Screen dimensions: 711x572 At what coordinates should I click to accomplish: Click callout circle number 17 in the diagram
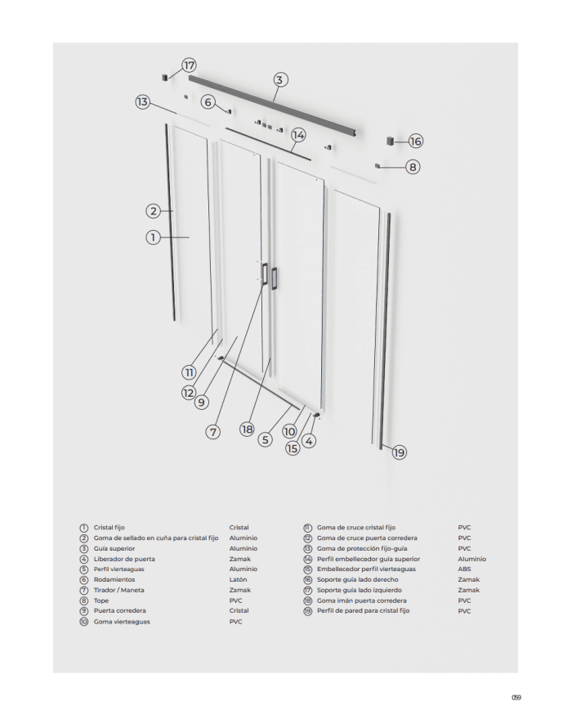tap(189, 65)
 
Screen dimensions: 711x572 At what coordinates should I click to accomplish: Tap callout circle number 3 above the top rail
tap(279, 79)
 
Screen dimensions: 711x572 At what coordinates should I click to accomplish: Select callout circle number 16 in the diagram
tap(415, 141)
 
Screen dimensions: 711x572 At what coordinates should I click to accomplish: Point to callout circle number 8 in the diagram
tap(413, 166)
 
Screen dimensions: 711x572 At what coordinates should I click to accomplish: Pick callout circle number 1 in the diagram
tap(152, 237)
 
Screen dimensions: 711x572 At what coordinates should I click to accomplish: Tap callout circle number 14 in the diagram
tap(298, 134)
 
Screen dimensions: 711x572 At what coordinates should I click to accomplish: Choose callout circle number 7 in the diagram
tap(213, 431)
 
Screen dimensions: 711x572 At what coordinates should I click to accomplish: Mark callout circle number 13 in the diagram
tap(143, 102)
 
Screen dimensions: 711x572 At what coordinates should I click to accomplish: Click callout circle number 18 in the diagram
tap(247, 430)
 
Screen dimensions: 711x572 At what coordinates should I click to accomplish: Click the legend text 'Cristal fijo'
tap(109, 528)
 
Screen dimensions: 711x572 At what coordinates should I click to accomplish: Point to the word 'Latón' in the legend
tap(238, 579)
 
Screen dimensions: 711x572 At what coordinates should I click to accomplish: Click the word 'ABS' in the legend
tap(464, 569)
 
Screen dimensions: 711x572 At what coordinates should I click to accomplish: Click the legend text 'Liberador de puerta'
tap(123, 559)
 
